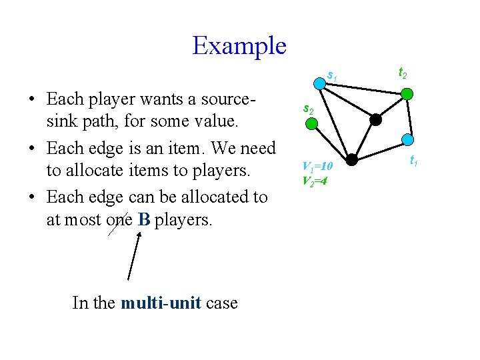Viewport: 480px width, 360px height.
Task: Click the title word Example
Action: click(239, 45)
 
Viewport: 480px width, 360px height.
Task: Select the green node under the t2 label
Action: click(406, 95)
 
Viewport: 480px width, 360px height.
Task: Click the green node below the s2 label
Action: click(319, 123)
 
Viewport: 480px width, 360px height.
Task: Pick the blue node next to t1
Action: click(407, 141)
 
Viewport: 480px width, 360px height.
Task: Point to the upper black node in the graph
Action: click(376, 120)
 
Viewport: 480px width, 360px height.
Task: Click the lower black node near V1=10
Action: click(351, 160)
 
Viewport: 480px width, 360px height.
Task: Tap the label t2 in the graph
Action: click(403, 72)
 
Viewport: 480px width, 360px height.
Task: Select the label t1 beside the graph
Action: click(413, 160)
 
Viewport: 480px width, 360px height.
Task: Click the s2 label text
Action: click(308, 108)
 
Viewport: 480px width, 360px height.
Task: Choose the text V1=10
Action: click(317, 166)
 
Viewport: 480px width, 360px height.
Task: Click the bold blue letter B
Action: click(144, 219)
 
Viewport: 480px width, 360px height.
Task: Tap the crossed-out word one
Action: click(119, 219)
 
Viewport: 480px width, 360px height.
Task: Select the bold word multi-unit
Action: click(161, 303)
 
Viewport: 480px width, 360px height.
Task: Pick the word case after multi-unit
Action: click(222, 303)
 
